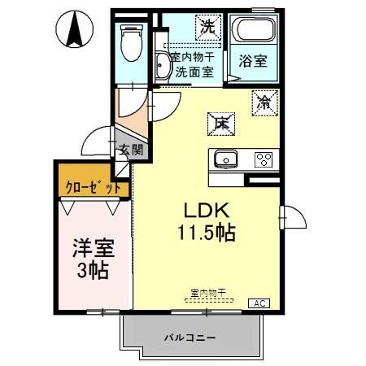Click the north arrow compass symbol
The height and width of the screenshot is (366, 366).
76,31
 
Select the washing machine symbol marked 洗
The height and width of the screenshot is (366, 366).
208,26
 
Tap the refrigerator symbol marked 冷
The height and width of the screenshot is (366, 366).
265,102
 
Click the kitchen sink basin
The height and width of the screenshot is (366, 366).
225,159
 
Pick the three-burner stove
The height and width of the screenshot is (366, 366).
264,159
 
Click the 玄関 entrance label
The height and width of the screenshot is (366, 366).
129,150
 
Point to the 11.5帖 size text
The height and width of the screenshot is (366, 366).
207,233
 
